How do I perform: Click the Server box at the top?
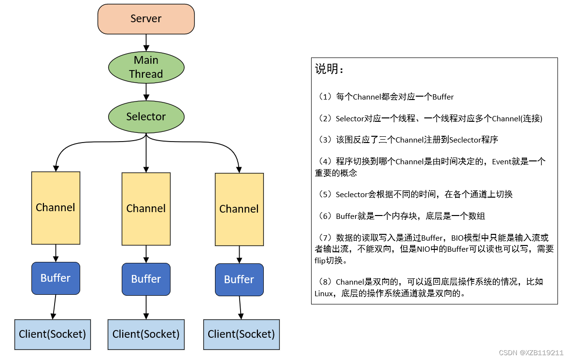point(146,19)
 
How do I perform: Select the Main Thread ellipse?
point(146,67)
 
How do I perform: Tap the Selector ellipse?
point(146,117)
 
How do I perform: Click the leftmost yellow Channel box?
point(56,208)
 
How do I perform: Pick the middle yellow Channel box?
point(146,209)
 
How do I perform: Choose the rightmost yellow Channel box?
point(239,209)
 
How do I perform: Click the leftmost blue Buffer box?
point(56,278)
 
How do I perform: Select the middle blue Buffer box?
point(146,279)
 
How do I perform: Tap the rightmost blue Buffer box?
point(239,280)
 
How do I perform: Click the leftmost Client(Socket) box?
point(53,334)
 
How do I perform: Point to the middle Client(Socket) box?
point(146,334)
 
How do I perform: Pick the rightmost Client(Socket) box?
point(241,334)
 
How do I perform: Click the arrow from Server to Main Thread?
point(146,43)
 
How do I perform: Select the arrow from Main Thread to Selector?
point(146,92)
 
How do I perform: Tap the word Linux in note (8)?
point(324,293)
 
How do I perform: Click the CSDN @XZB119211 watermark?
point(531,353)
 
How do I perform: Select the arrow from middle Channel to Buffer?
point(146,254)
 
